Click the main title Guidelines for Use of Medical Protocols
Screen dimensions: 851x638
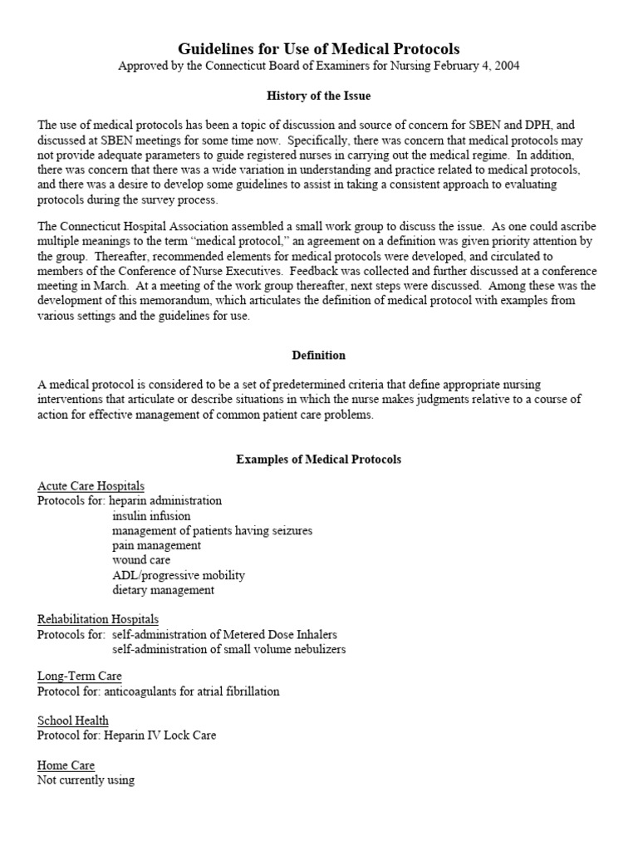pyautogui.click(x=319, y=49)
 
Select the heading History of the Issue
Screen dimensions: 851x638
pyautogui.click(x=319, y=96)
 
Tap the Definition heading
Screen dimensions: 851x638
pyautogui.click(x=319, y=355)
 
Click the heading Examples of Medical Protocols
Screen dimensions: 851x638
pyautogui.click(x=319, y=459)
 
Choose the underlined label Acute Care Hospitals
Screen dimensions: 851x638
pyautogui.click(x=91, y=485)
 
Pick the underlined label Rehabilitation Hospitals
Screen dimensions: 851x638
pyautogui.click(x=98, y=619)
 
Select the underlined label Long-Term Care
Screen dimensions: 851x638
pyautogui.click(x=79, y=676)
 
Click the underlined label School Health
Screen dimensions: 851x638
pyautogui.click(x=73, y=721)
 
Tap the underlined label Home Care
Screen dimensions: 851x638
pyautogui.click(x=66, y=765)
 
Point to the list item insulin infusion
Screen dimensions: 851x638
pyautogui.click(x=151, y=516)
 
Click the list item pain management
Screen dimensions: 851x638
pyautogui.click(x=156, y=545)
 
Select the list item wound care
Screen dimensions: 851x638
pyautogui.click(x=141, y=560)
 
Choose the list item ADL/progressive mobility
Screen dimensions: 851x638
pyautogui.click(x=179, y=575)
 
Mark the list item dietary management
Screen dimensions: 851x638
pyautogui.click(x=164, y=590)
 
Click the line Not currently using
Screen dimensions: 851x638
pyautogui.click(x=86, y=780)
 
